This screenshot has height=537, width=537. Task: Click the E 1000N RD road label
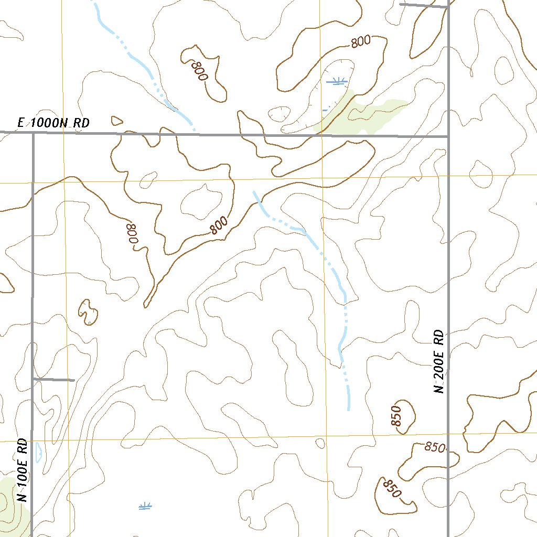click(x=53, y=123)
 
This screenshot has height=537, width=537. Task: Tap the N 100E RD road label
click(x=22, y=470)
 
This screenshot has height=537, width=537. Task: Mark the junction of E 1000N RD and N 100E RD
click(x=33, y=133)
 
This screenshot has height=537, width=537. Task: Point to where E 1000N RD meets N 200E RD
click(x=448, y=136)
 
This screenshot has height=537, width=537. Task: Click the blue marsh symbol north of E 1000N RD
click(x=336, y=81)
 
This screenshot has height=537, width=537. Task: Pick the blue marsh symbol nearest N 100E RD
click(x=145, y=506)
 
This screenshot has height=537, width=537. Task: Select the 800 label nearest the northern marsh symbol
click(x=361, y=42)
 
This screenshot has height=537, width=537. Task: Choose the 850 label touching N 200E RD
click(x=435, y=447)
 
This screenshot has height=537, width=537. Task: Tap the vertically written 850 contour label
click(x=396, y=416)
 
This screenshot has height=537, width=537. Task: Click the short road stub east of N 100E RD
click(x=53, y=379)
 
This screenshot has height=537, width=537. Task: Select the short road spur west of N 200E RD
click(x=424, y=6)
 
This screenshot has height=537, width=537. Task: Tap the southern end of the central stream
click(x=349, y=409)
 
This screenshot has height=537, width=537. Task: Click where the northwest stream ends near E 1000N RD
click(x=194, y=129)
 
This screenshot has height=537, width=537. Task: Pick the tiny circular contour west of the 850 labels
click(x=320, y=443)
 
